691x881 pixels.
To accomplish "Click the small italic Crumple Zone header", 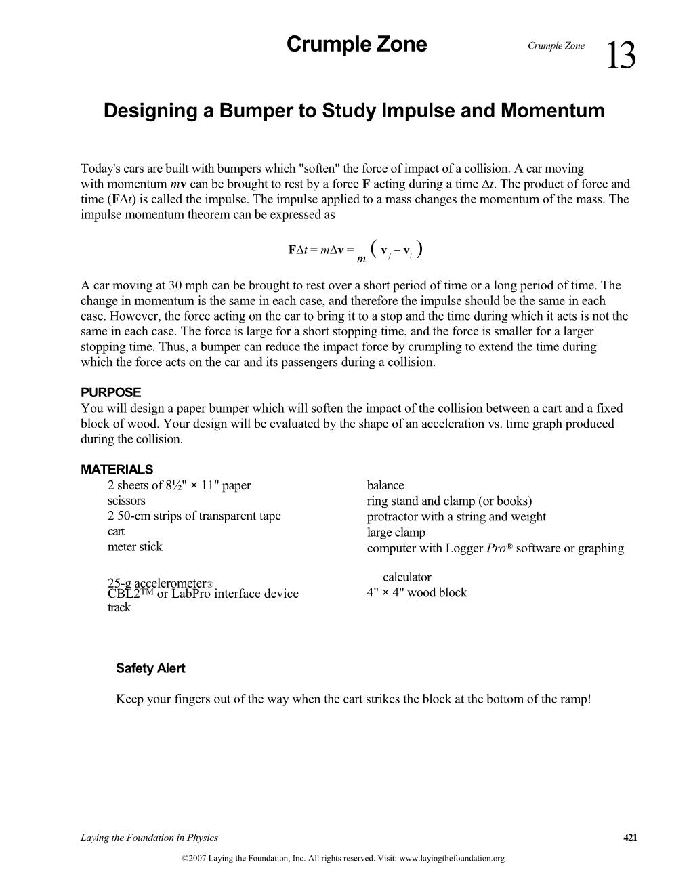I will click(556, 46).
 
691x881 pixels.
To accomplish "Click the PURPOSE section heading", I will click(110, 392).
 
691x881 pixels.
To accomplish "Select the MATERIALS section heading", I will click(117, 469).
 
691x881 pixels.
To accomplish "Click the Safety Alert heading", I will click(150, 668).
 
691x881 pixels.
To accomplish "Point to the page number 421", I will click(630, 838).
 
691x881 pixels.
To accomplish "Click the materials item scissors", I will click(126, 501).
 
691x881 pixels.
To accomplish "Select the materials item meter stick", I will click(135, 546).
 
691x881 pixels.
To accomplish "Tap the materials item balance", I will click(385, 485).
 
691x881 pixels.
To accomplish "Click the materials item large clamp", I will click(396, 533).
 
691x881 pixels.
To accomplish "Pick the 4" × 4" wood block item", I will click(416, 592).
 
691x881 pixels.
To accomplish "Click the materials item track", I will click(119, 607).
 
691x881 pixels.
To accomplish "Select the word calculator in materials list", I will click(406, 577).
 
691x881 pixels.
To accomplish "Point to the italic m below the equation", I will click(361, 260).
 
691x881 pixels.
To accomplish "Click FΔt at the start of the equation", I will click(298, 250).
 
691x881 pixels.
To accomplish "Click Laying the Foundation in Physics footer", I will click(149, 838).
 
